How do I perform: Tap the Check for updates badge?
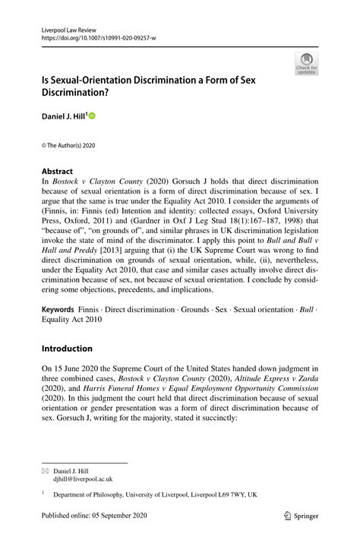[x=306, y=64]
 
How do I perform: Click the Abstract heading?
[x=58, y=172]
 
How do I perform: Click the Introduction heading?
[x=66, y=349]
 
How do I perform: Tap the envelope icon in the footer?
[x=45, y=471]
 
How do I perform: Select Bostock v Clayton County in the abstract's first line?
[x=97, y=183]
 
